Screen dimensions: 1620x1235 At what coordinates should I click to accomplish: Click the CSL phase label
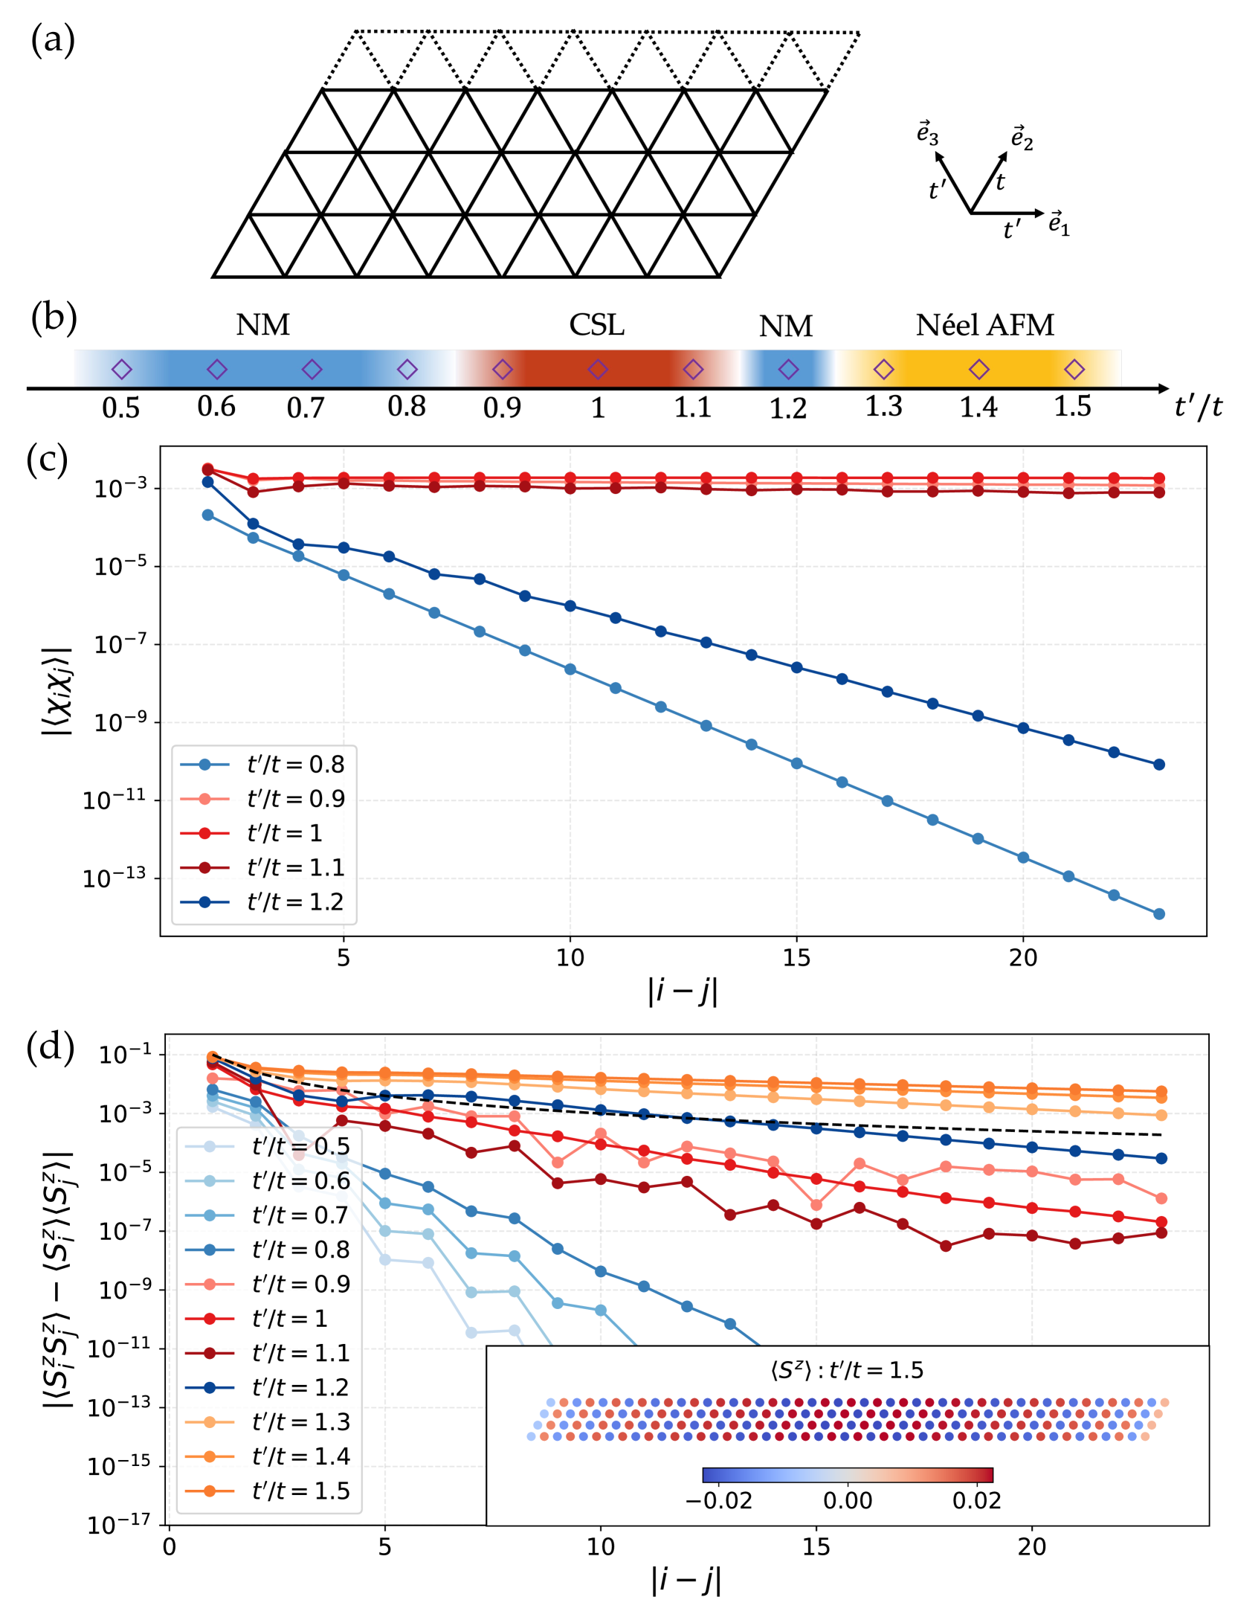(596, 325)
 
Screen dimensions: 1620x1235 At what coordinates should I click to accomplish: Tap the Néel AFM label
(984, 325)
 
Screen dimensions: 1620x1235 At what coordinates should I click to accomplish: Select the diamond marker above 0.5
(121, 369)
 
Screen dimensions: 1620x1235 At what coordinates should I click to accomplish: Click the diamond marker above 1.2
(788, 369)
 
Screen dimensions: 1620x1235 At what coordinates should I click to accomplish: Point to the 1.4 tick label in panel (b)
(978, 407)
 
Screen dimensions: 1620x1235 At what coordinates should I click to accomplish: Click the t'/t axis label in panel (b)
(1198, 407)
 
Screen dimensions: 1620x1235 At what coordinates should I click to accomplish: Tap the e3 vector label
(927, 134)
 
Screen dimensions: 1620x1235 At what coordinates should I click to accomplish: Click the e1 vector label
(1059, 223)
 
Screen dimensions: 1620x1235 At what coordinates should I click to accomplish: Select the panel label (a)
(52, 39)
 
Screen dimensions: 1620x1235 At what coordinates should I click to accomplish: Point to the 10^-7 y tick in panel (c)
(119, 644)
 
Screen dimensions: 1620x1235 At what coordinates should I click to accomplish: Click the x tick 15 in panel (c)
(796, 957)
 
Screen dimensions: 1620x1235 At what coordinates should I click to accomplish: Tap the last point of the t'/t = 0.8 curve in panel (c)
(1158, 913)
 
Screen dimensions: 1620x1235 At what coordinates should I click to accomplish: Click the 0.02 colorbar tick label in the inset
(976, 1500)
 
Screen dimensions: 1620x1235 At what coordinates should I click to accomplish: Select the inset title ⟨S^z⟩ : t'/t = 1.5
(847, 1370)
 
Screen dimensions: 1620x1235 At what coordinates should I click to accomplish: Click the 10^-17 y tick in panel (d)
(119, 1525)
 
